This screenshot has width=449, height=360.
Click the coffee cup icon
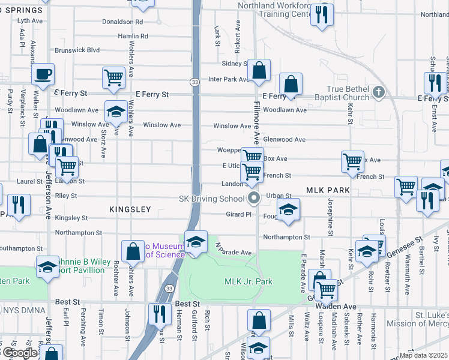[x=43, y=75]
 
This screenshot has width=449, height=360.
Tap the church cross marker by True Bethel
[x=378, y=92]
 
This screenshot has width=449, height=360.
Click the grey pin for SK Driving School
[x=253, y=198]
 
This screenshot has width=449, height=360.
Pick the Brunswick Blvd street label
[x=77, y=50]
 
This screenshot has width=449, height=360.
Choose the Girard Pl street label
[x=239, y=214]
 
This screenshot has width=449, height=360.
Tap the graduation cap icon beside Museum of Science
[x=196, y=242]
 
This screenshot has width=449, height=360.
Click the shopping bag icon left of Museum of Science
[x=133, y=251]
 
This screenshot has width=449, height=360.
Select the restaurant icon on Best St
[x=160, y=313]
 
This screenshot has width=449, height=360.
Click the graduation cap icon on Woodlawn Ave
[x=116, y=111]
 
